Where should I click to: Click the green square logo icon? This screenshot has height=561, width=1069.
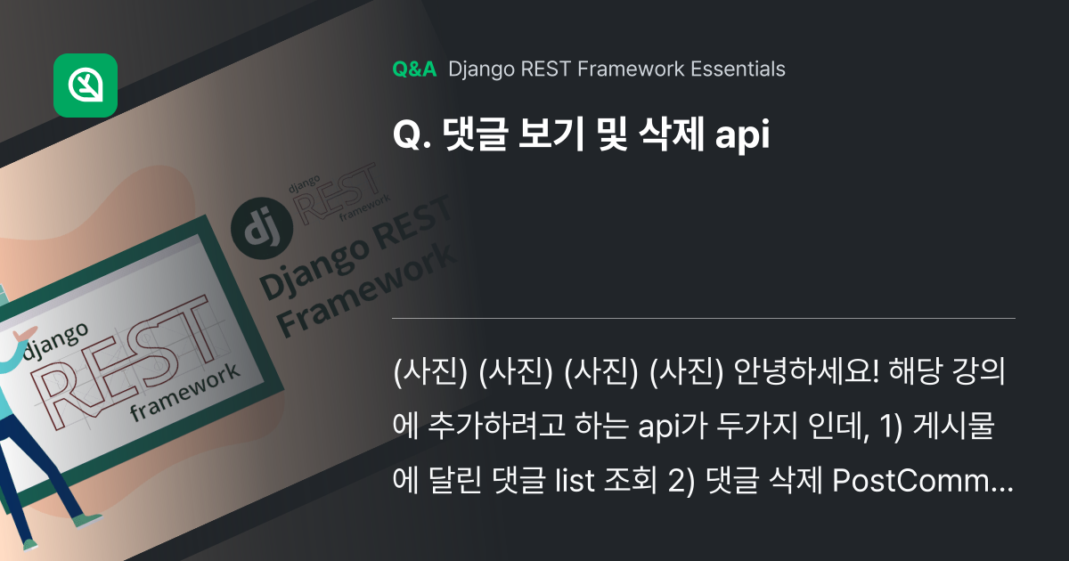pyautogui.click(x=86, y=85)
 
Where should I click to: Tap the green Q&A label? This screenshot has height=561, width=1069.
pyautogui.click(x=414, y=69)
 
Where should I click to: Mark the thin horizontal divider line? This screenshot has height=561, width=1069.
pyautogui.click(x=704, y=318)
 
